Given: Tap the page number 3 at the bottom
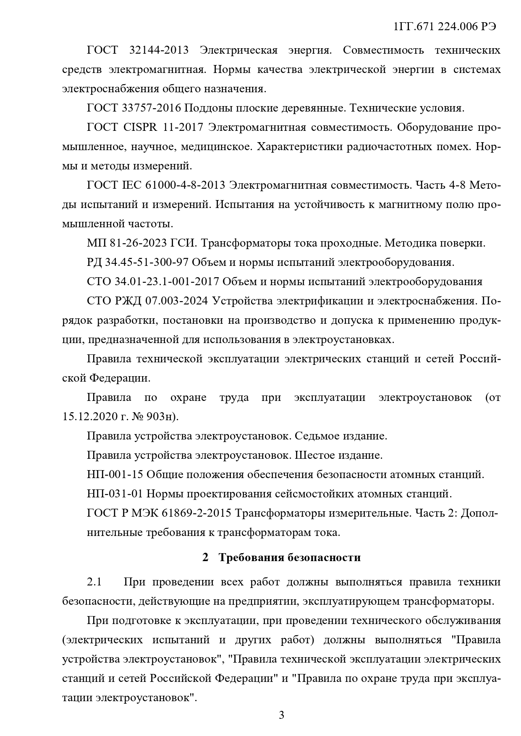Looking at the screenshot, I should click(282, 715).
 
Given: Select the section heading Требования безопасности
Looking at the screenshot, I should click(289, 557).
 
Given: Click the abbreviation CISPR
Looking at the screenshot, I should click(141, 127).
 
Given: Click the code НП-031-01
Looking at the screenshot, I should click(115, 494).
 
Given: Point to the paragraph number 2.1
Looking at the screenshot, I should click(94, 582).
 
